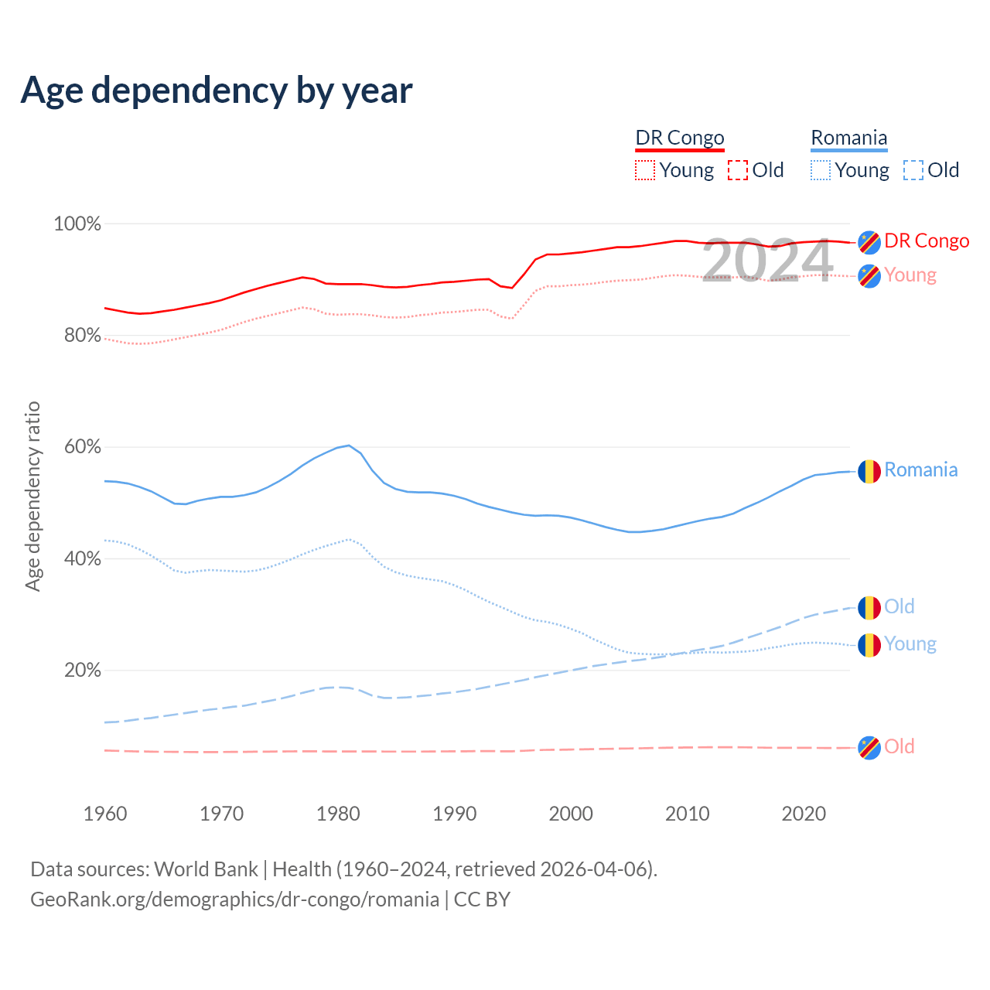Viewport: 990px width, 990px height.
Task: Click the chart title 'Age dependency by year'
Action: [x=217, y=90]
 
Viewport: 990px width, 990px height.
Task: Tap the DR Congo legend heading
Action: [x=680, y=138]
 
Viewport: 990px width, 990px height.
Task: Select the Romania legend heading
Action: [x=848, y=138]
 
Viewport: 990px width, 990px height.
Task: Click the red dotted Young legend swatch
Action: [x=645, y=170]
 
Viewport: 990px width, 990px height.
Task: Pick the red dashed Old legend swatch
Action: [x=738, y=170]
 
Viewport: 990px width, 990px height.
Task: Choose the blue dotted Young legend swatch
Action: [x=821, y=170]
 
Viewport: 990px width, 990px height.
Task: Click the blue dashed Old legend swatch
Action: [x=913, y=170]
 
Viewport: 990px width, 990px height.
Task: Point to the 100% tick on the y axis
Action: [x=77, y=224]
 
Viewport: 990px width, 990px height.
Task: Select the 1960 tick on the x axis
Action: [x=105, y=814]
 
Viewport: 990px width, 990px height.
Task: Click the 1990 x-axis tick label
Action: [x=455, y=814]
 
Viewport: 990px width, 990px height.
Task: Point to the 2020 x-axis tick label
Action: [x=804, y=814]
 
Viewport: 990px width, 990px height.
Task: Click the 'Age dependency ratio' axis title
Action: [x=32, y=497]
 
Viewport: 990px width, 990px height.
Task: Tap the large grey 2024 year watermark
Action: [x=767, y=261]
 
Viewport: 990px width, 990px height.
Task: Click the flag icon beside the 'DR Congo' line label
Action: [x=869, y=242]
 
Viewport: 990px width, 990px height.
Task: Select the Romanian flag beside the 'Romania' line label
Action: [x=869, y=471]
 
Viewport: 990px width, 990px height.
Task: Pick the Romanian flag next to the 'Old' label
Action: [x=869, y=608]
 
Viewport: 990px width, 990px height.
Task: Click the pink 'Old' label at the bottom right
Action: [x=900, y=746]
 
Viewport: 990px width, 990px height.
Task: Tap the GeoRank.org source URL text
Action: [x=234, y=900]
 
